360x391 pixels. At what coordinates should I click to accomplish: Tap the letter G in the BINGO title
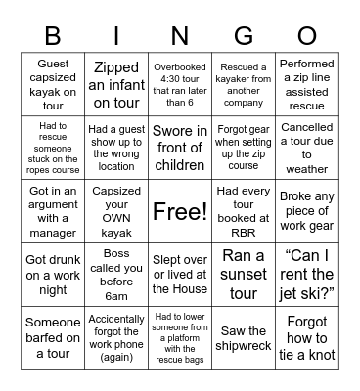(243, 37)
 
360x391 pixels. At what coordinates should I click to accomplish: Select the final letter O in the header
(306, 37)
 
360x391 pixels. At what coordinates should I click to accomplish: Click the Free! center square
(179, 210)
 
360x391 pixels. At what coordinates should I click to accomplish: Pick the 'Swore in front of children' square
(179, 147)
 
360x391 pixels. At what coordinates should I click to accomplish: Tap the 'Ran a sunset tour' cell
(244, 275)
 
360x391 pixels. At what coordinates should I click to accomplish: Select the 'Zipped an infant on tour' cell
(115, 83)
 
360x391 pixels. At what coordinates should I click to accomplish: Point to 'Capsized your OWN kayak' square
(115, 210)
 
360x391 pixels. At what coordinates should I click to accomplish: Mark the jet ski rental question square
(307, 275)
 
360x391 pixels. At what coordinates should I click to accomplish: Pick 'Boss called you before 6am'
(115, 275)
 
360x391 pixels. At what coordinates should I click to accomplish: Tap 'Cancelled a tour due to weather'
(307, 147)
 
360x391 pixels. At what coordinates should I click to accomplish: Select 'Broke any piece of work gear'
(307, 210)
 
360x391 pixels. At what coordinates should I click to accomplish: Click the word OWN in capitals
(115, 210)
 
